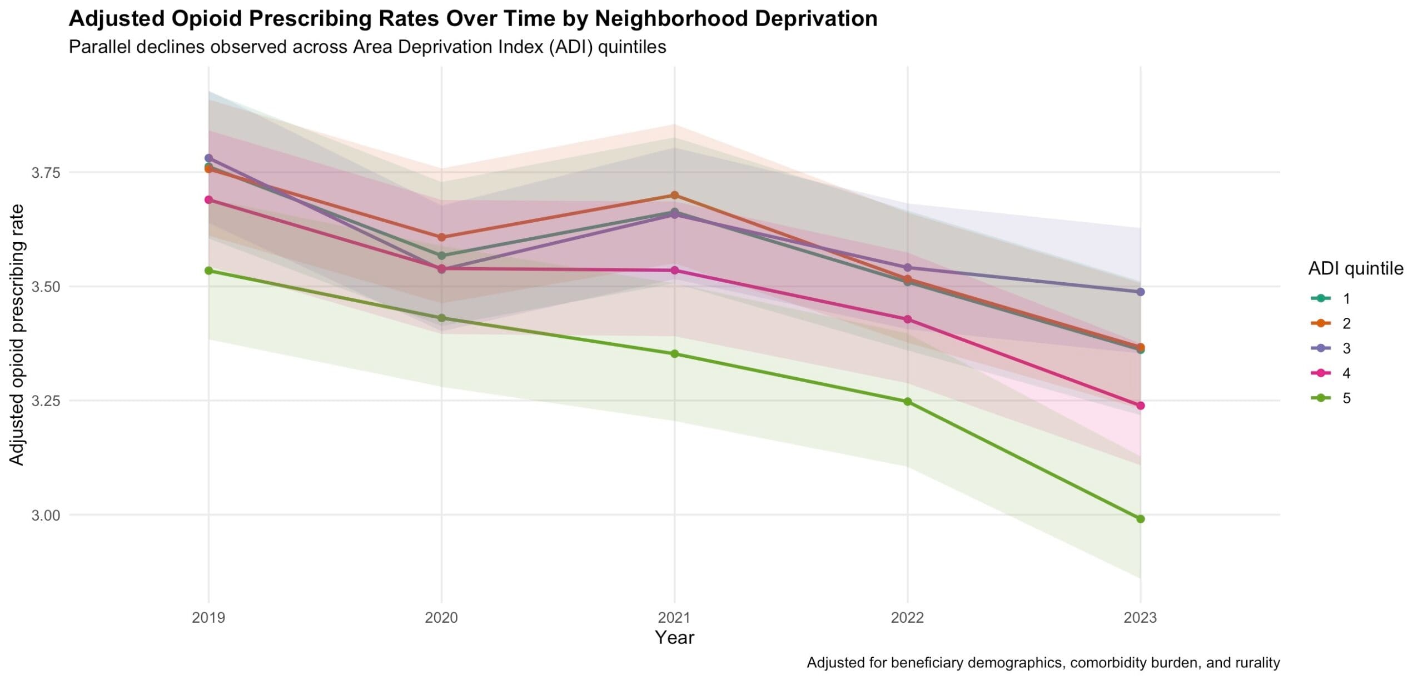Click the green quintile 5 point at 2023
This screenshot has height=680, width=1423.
point(1140,519)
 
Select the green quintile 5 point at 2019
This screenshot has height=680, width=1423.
point(208,271)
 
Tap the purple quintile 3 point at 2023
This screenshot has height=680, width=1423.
point(1140,292)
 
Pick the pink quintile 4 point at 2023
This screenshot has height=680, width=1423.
point(1140,406)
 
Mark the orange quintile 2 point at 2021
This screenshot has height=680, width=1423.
point(674,195)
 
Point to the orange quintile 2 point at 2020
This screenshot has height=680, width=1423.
point(441,237)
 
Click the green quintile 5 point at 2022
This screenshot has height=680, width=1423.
point(907,402)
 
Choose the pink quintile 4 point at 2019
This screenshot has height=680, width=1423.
point(208,199)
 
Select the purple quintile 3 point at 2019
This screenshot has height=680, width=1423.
point(208,158)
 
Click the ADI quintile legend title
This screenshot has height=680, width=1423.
point(1356,269)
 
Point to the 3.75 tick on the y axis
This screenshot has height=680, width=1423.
point(45,173)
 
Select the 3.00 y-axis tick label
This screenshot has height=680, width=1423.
point(45,516)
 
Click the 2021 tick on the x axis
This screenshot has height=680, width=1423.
point(674,617)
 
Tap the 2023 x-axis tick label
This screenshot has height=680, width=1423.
point(1140,617)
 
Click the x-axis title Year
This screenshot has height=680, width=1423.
point(674,637)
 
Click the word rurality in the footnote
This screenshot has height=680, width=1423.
point(1256,663)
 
